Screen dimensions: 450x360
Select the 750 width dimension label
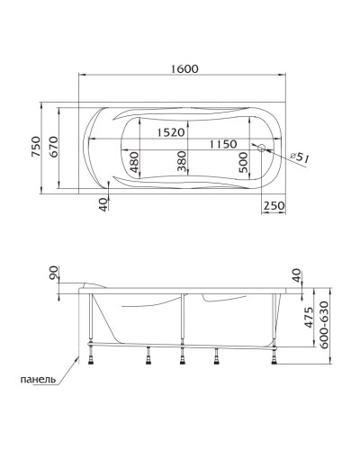tap(36, 148)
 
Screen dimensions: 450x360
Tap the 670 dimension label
tap(55, 148)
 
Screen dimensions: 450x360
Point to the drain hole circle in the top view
tap(262, 148)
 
